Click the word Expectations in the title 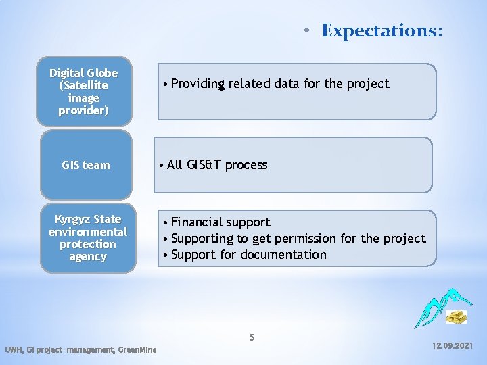tap(382, 30)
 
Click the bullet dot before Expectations tap(306, 31)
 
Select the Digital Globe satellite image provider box tap(84, 91)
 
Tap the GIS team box tap(86, 165)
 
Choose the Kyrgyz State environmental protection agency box tap(87, 238)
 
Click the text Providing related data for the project tap(280, 84)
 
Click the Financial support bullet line tap(220, 222)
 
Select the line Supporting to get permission tap(298, 239)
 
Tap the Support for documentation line tap(248, 255)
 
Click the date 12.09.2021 tap(453, 345)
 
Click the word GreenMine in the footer tap(137, 349)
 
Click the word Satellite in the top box tap(84, 86)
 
